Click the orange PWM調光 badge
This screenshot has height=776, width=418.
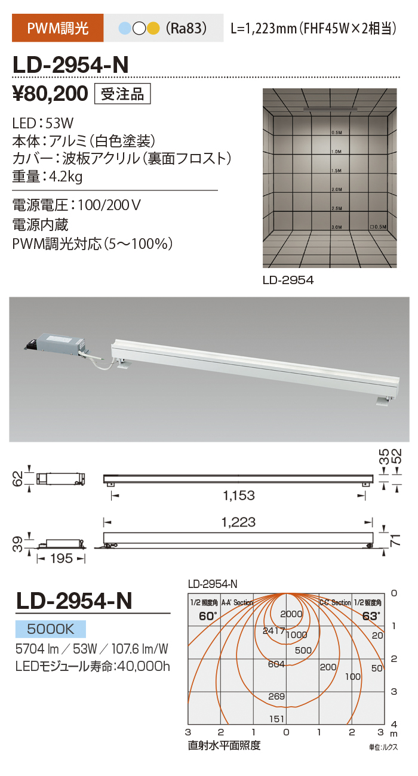[x=57, y=28]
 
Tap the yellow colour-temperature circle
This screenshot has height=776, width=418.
[x=153, y=29]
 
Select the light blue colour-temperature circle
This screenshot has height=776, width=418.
[x=125, y=29]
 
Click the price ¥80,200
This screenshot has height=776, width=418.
[x=50, y=94]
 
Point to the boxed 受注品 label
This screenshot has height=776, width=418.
[x=122, y=94]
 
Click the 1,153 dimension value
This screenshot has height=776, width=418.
[x=239, y=495]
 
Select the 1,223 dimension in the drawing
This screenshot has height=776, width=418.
[x=238, y=522]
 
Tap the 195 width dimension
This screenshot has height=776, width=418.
[x=62, y=559]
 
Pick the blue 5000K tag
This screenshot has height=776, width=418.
[x=51, y=629]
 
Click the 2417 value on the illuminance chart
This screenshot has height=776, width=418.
[x=274, y=631]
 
